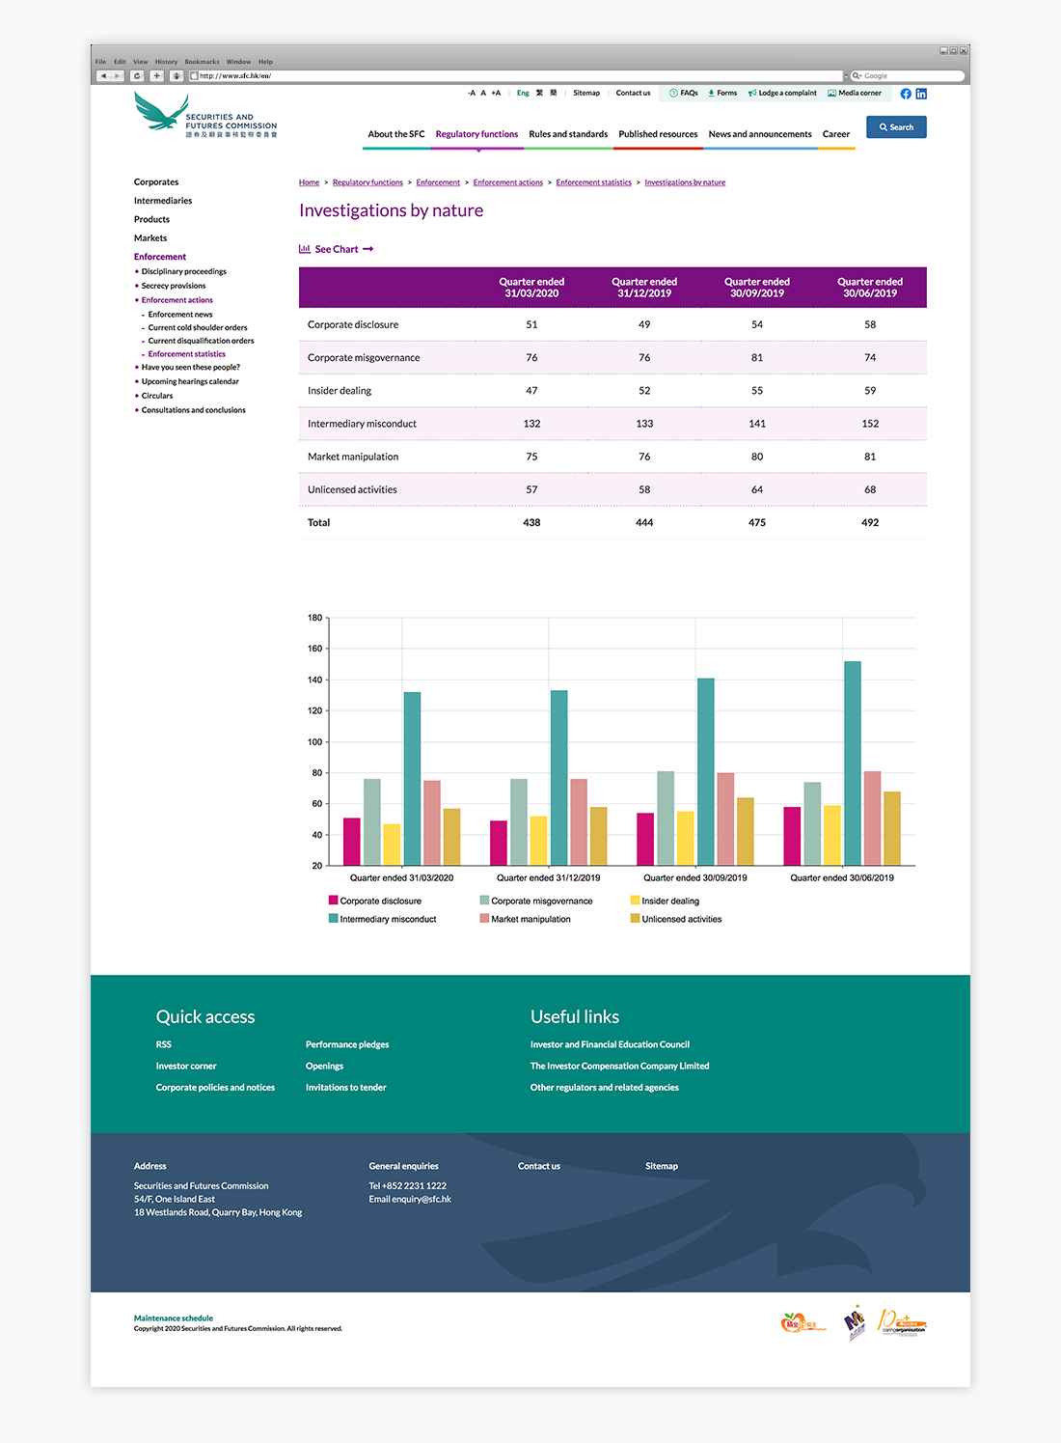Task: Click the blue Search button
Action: pyautogui.click(x=896, y=127)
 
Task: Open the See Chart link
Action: pyautogui.click(x=337, y=249)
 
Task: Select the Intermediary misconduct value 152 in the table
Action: pyautogui.click(x=870, y=424)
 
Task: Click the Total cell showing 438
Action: pyautogui.click(x=531, y=522)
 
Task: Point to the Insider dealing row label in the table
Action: pyautogui.click(x=340, y=391)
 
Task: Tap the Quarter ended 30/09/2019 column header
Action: pyautogui.click(x=757, y=288)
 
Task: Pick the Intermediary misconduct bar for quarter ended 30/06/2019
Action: pyautogui.click(x=853, y=763)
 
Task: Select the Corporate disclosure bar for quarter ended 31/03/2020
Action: pyautogui.click(x=352, y=841)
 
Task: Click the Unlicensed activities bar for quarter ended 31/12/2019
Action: pyautogui.click(x=598, y=836)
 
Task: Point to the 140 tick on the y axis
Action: pyautogui.click(x=315, y=680)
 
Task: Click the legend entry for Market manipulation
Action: pyautogui.click(x=530, y=919)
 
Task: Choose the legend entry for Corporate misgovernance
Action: pyautogui.click(x=541, y=901)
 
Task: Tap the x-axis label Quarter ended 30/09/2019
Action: pyautogui.click(x=695, y=877)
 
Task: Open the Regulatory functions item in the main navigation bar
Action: pyautogui.click(x=476, y=134)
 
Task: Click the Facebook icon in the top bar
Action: pyautogui.click(x=906, y=94)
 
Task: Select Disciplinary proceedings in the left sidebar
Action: pyautogui.click(x=184, y=271)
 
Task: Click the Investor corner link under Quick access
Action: pyautogui.click(x=186, y=1066)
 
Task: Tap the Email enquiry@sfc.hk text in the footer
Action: pyautogui.click(x=410, y=1199)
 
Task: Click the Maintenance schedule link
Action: pyautogui.click(x=174, y=1318)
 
